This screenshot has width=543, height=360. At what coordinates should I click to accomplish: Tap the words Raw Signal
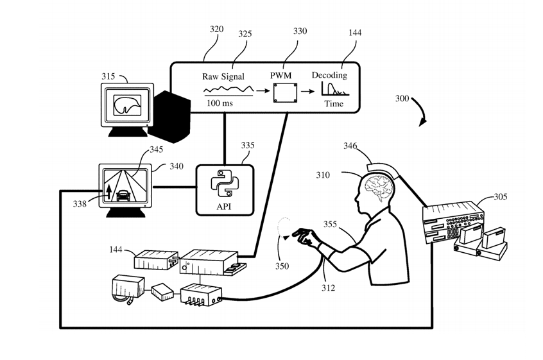tap(223, 75)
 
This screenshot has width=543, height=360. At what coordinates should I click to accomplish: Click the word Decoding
tap(329, 75)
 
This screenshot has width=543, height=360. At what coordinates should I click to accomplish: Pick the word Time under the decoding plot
tap(333, 103)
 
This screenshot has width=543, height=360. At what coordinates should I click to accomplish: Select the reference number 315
tap(108, 76)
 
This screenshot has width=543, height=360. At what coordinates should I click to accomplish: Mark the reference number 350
tap(281, 266)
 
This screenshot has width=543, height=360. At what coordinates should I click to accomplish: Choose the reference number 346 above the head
tap(350, 147)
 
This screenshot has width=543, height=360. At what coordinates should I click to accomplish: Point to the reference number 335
tap(248, 146)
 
